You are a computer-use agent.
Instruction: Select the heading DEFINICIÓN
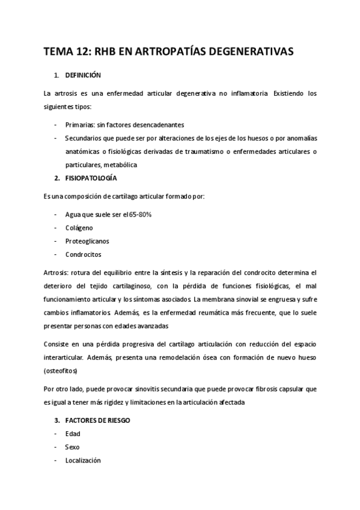pos(84,75)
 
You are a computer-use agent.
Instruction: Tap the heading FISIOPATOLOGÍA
pos(91,179)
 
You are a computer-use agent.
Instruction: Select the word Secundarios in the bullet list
pos(86,138)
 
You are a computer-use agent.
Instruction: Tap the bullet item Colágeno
pos(79,227)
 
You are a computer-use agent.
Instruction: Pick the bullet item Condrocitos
pos(83,254)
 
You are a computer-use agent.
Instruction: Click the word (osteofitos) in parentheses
pos(63,370)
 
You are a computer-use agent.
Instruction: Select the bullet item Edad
pos(73,434)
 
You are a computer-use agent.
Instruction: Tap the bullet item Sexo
pos(73,447)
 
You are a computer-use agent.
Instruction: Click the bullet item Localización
pos(83,461)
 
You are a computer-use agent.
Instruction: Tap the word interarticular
pos(67,357)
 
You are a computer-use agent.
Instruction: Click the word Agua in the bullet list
pos(73,214)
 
